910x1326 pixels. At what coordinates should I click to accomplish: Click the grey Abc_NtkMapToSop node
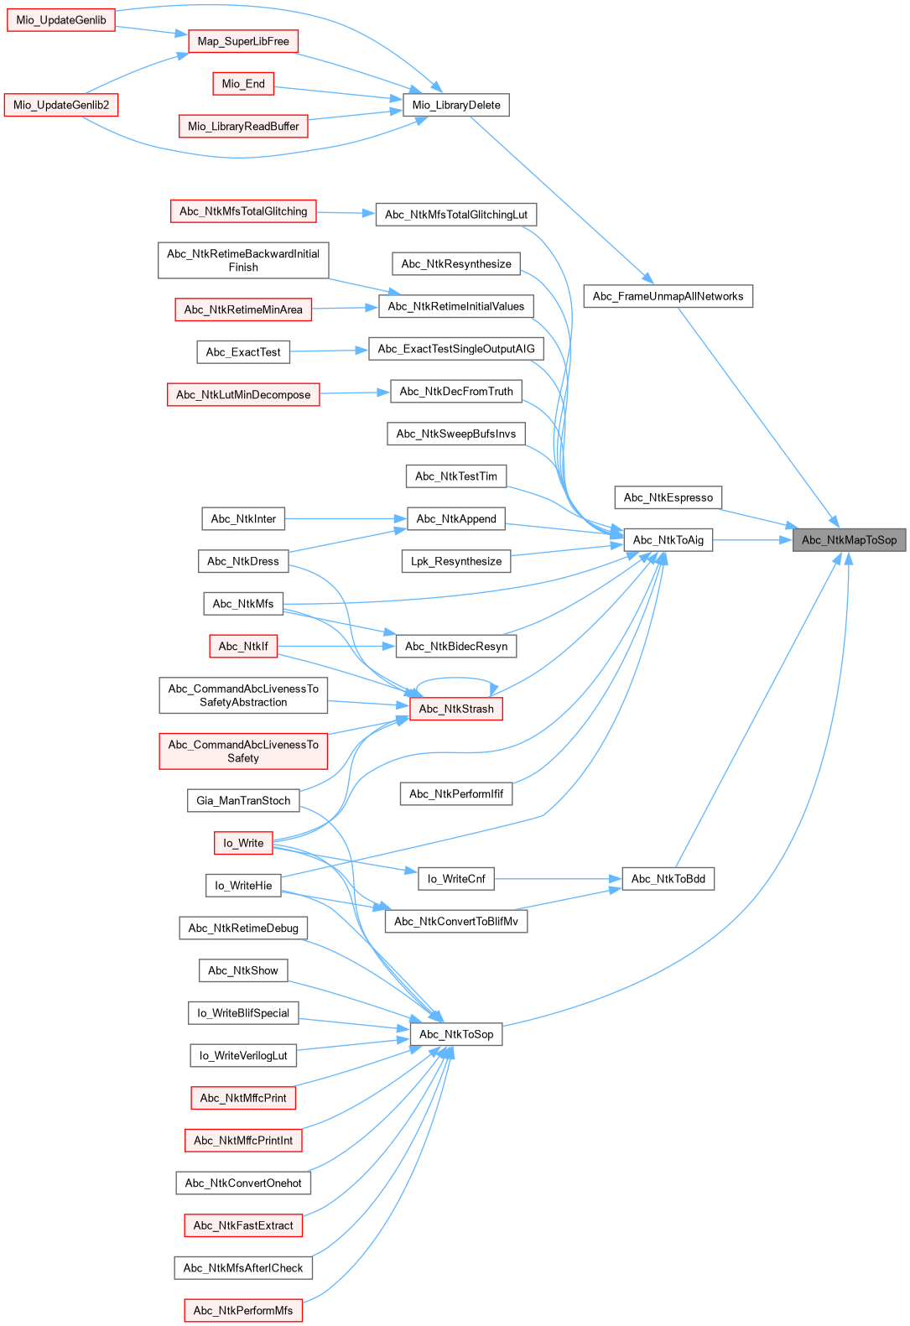pos(849,540)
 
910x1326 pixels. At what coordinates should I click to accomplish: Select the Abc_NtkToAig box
pos(668,540)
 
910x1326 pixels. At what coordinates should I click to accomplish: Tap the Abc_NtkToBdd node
pos(668,879)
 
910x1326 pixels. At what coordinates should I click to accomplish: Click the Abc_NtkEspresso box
pos(668,497)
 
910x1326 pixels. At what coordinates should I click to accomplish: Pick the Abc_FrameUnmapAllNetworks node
pos(668,296)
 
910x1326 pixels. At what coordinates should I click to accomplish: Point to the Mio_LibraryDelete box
pos(455,105)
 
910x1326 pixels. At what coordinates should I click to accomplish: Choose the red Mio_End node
pos(243,84)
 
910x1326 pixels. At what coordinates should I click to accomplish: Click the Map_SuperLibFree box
pos(243,41)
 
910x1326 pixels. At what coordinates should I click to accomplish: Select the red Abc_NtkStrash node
pos(455,709)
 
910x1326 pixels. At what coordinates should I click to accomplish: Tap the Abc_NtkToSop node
pos(455,1034)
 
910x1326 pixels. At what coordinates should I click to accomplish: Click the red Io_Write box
pos(243,843)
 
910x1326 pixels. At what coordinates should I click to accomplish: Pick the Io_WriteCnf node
pos(455,879)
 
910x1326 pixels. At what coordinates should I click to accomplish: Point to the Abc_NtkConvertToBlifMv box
pos(455,921)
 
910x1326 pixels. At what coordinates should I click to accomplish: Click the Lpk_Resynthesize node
pos(455,561)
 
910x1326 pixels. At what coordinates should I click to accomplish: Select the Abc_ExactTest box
pos(243,352)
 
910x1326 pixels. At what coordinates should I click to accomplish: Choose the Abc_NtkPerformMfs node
pos(243,1310)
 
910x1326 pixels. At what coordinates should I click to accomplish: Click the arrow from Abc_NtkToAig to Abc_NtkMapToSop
pos(752,540)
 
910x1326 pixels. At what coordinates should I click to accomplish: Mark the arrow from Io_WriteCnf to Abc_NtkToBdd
pos(558,879)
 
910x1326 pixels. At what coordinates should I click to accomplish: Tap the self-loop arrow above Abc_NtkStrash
pos(455,679)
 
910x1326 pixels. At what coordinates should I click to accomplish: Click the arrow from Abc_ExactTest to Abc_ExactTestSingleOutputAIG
pos(329,351)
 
